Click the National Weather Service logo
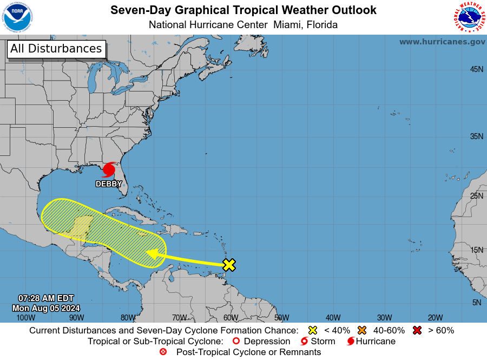click(x=469, y=17)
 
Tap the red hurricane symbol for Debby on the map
click(x=109, y=169)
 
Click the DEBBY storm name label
click(x=109, y=184)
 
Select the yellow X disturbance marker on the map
click(x=229, y=265)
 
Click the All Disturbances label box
click(x=56, y=49)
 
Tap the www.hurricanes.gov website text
click(x=442, y=42)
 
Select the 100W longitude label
click(x=25, y=318)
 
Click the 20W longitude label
click(x=436, y=318)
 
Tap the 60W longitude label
click(x=231, y=318)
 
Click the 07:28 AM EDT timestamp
click(x=46, y=298)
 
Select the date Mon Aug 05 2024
click(x=46, y=308)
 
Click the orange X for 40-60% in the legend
click(x=362, y=330)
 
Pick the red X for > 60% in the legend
click(x=417, y=330)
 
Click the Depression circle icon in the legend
click(x=235, y=341)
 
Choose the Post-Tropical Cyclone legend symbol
click(x=163, y=352)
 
